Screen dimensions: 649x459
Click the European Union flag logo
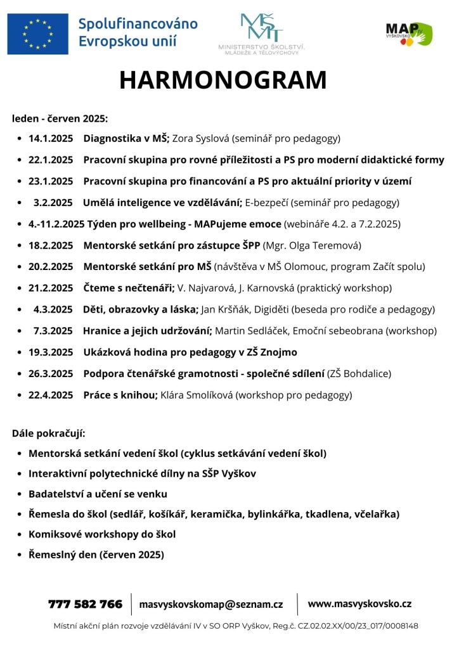point(37,34)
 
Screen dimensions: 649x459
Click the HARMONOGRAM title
point(223,80)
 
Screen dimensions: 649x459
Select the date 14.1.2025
point(51,138)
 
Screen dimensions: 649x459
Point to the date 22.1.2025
point(51,160)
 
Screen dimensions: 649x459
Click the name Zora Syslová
point(201,138)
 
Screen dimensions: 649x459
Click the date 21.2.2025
point(51,288)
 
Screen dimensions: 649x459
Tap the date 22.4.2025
point(51,395)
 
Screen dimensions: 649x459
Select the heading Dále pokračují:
point(48,434)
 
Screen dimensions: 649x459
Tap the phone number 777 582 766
point(85,604)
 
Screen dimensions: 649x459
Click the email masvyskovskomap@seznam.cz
point(211,605)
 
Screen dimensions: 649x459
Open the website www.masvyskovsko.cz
point(359,604)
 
